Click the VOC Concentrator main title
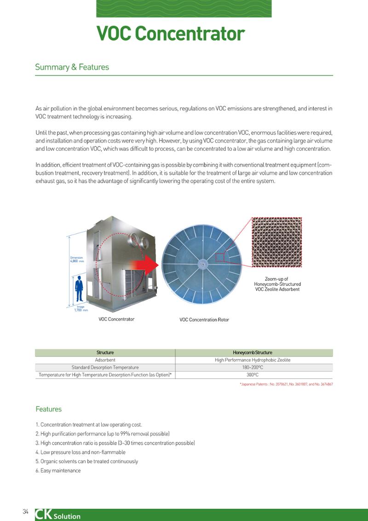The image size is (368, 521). [x=171, y=34]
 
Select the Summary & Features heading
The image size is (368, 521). [x=72, y=67]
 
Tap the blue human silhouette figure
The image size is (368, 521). [x=79, y=289]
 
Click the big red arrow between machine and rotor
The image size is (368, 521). [x=145, y=265]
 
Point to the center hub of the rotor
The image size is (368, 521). [x=201, y=264]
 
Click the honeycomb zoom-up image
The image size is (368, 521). [x=276, y=242]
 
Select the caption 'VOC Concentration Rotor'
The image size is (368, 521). [x=204, y=320]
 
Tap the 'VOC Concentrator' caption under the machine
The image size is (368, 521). [x=116, y=319]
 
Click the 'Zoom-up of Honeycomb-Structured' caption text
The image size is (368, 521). [x=277, y=282]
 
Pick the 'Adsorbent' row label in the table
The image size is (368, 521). [x=105, y=360]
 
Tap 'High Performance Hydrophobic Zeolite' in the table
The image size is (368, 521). [x=253, y=360]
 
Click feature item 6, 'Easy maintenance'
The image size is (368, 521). [x=58, y=470]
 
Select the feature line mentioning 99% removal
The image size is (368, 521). [x=103, y=434]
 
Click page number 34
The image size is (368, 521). [x=26, y=512]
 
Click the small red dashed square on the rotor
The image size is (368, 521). [x=220, y=257]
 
